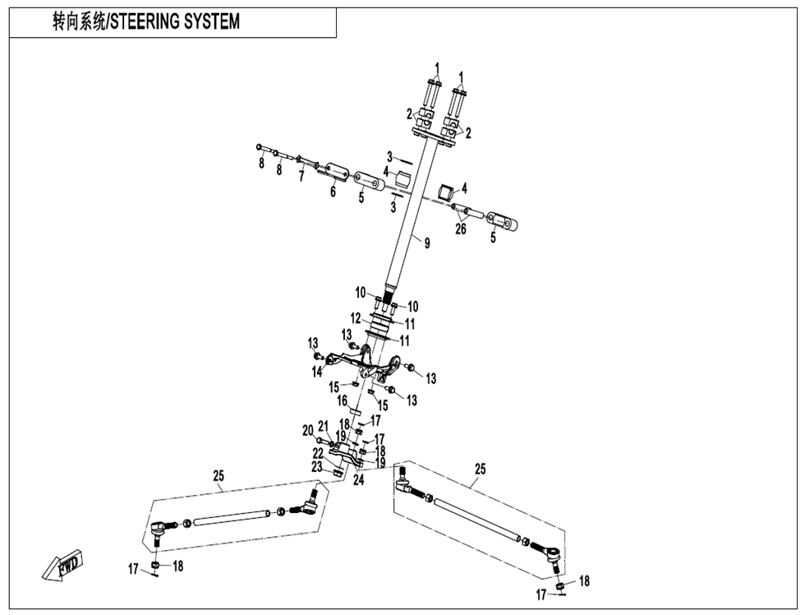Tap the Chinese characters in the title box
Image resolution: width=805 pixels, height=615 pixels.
[x=79, y=22]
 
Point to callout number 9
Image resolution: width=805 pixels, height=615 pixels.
[x=427, y=242]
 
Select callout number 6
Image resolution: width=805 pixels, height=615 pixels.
[x=333, y=192]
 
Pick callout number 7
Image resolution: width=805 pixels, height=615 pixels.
[x=301, y=177]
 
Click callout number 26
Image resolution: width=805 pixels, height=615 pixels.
[x=461, y=229]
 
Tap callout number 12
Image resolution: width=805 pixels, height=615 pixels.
[x=355, y=318]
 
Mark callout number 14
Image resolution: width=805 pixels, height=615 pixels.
[x=315, y=372]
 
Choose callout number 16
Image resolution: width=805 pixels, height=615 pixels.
[x=343, y=400]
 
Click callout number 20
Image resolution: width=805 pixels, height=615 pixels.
[x=307, y=430]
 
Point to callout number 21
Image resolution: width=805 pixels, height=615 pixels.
[x=323, y=426]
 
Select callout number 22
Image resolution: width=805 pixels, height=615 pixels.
[x=317, y=454]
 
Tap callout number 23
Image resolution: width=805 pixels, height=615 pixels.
[x=317, y=467]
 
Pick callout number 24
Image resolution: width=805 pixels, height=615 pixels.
[x=358, y=479]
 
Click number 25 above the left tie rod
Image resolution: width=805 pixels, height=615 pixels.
[x=218, y=476]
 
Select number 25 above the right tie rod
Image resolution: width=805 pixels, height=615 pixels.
[x=481, y=469]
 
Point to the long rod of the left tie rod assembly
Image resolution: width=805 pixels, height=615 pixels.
[x=232, y=518]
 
